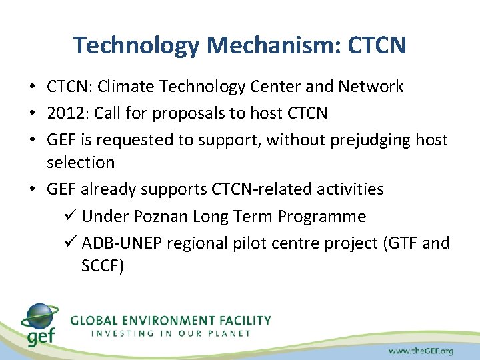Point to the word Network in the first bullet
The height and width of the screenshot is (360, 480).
point(371,87)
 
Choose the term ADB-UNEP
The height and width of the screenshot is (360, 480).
point(122,243)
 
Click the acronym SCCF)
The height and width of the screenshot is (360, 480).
point(103,266)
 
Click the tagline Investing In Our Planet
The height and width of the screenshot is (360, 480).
point(171,333)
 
